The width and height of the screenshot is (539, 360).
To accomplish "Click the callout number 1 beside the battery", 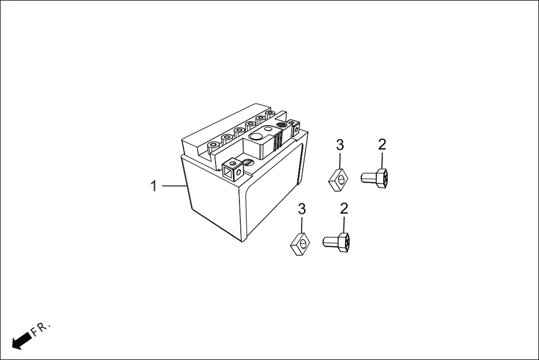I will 154,186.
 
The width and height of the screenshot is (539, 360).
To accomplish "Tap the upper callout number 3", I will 340,145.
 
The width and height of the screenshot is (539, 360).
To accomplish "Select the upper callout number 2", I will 382,145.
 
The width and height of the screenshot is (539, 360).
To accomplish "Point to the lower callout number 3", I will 302,209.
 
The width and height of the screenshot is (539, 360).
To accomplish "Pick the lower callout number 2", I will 344,209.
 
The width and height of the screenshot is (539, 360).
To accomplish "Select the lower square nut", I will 300,243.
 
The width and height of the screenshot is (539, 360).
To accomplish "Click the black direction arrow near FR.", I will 21,339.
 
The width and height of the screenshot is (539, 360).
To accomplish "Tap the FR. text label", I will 41,328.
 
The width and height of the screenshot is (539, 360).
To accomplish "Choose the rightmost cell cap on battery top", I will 270,114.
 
